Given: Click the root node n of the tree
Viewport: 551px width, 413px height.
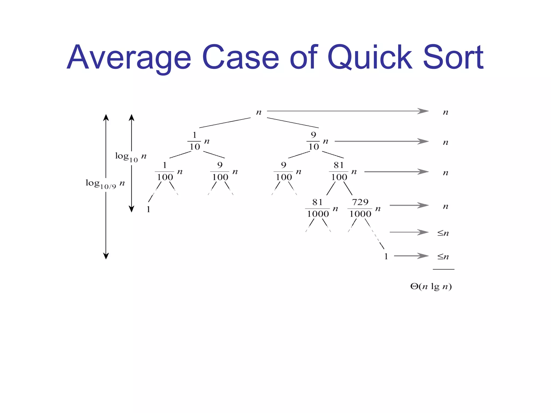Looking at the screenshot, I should coord(259,112).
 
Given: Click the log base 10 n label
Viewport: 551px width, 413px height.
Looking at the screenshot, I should coord(131,156).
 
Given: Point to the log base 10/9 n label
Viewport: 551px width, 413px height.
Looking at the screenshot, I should coord(105,184).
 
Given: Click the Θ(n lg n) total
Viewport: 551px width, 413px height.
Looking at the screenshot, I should coord(431,286).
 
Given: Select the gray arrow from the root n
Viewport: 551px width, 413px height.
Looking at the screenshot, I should coord(347,111).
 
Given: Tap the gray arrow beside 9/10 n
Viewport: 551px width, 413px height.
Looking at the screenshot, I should coord(381,141).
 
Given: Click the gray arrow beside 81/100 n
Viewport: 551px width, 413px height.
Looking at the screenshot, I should coord(396,172).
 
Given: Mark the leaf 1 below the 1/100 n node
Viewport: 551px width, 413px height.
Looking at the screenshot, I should coord(148,209).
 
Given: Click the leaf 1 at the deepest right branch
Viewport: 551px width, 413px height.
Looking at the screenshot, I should coord(386,257).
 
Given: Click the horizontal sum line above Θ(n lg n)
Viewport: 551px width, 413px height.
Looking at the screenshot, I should coord(443,269).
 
